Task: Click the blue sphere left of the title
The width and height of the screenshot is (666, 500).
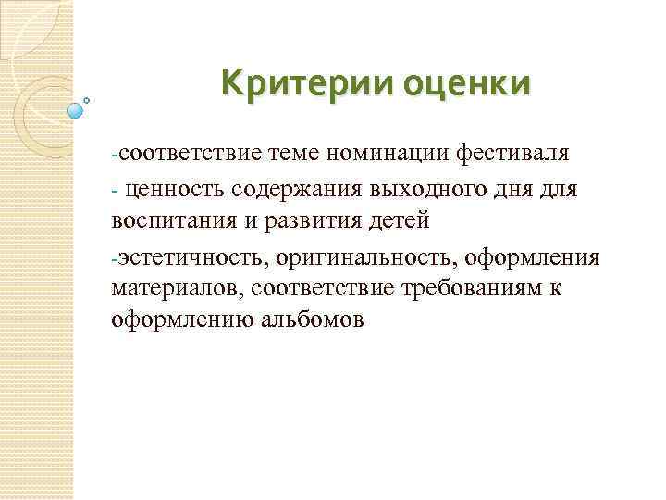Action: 76,110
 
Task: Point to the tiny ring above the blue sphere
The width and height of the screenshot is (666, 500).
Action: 87,99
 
